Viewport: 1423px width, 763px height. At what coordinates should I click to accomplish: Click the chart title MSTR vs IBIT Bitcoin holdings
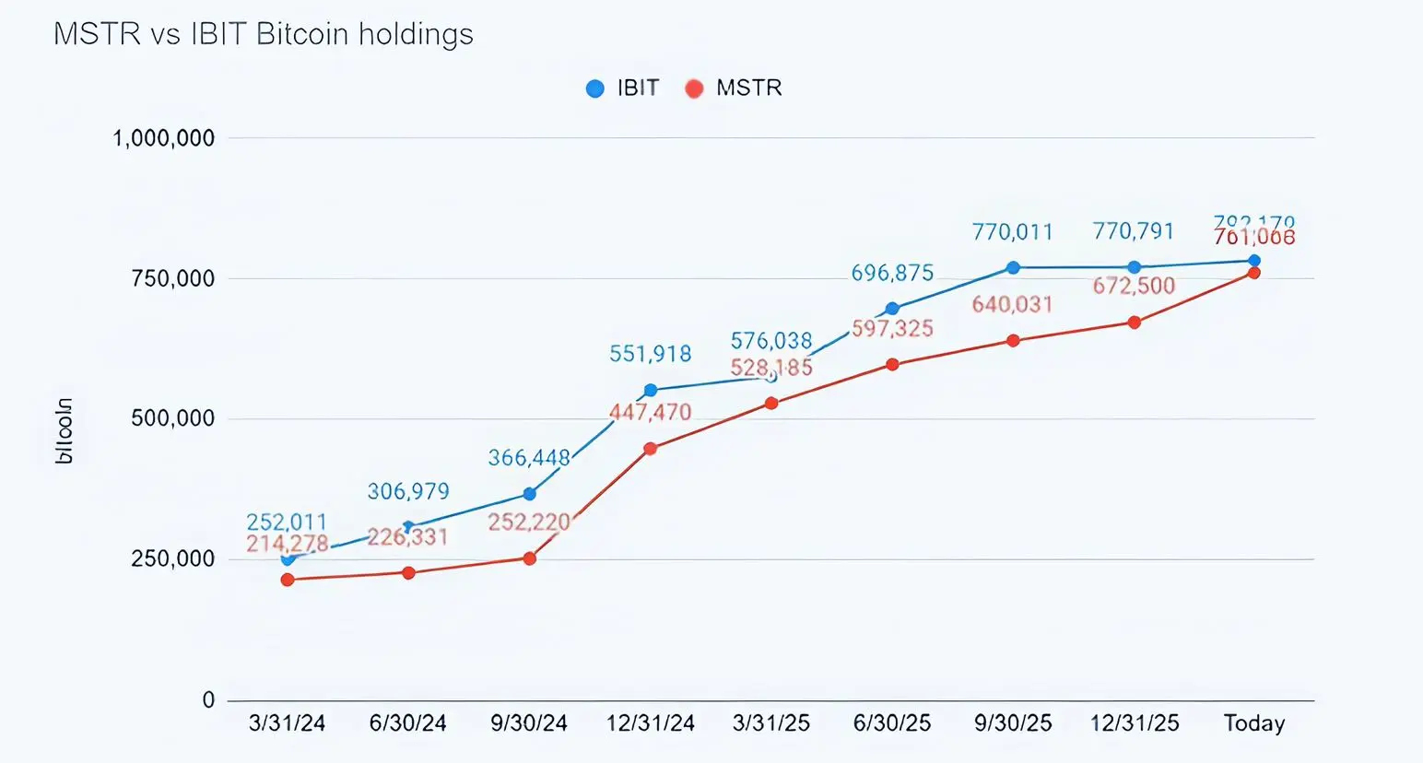(264, 34)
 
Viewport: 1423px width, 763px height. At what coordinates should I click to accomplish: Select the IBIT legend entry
(623, 88)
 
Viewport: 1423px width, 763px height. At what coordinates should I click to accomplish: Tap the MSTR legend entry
(734, 88)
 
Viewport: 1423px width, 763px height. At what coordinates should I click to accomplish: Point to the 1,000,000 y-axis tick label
(163, 138)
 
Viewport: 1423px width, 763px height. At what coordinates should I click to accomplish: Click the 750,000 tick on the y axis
(172, 278)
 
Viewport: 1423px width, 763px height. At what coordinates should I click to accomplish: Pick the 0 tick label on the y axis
(208, 699)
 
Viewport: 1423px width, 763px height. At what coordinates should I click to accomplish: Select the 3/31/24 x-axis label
(287, 723)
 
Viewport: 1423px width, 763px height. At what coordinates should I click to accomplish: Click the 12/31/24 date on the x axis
(650, 723)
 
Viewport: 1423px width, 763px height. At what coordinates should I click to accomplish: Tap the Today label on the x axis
(1253, 723)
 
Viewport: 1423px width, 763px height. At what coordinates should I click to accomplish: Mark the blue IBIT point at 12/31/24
(651, 391)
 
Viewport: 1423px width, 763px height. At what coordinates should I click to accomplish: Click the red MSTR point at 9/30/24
(530, 558)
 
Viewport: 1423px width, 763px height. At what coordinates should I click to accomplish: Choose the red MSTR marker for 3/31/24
(288, 580)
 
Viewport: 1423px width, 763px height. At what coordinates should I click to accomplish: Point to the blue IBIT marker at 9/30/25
(1013, 267)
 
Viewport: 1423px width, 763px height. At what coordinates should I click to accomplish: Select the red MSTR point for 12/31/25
(1135, 323)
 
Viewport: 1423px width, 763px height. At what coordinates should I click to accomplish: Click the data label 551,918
(650, 354)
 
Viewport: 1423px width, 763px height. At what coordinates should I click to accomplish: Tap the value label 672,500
(1134, 286)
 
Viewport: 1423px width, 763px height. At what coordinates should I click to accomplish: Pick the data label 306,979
(408, 491)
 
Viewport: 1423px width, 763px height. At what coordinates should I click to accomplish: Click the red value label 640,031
(1012, 304)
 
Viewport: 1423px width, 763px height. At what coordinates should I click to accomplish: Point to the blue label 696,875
(892, 273)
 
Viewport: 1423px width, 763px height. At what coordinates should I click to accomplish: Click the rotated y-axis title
(64, 431)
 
